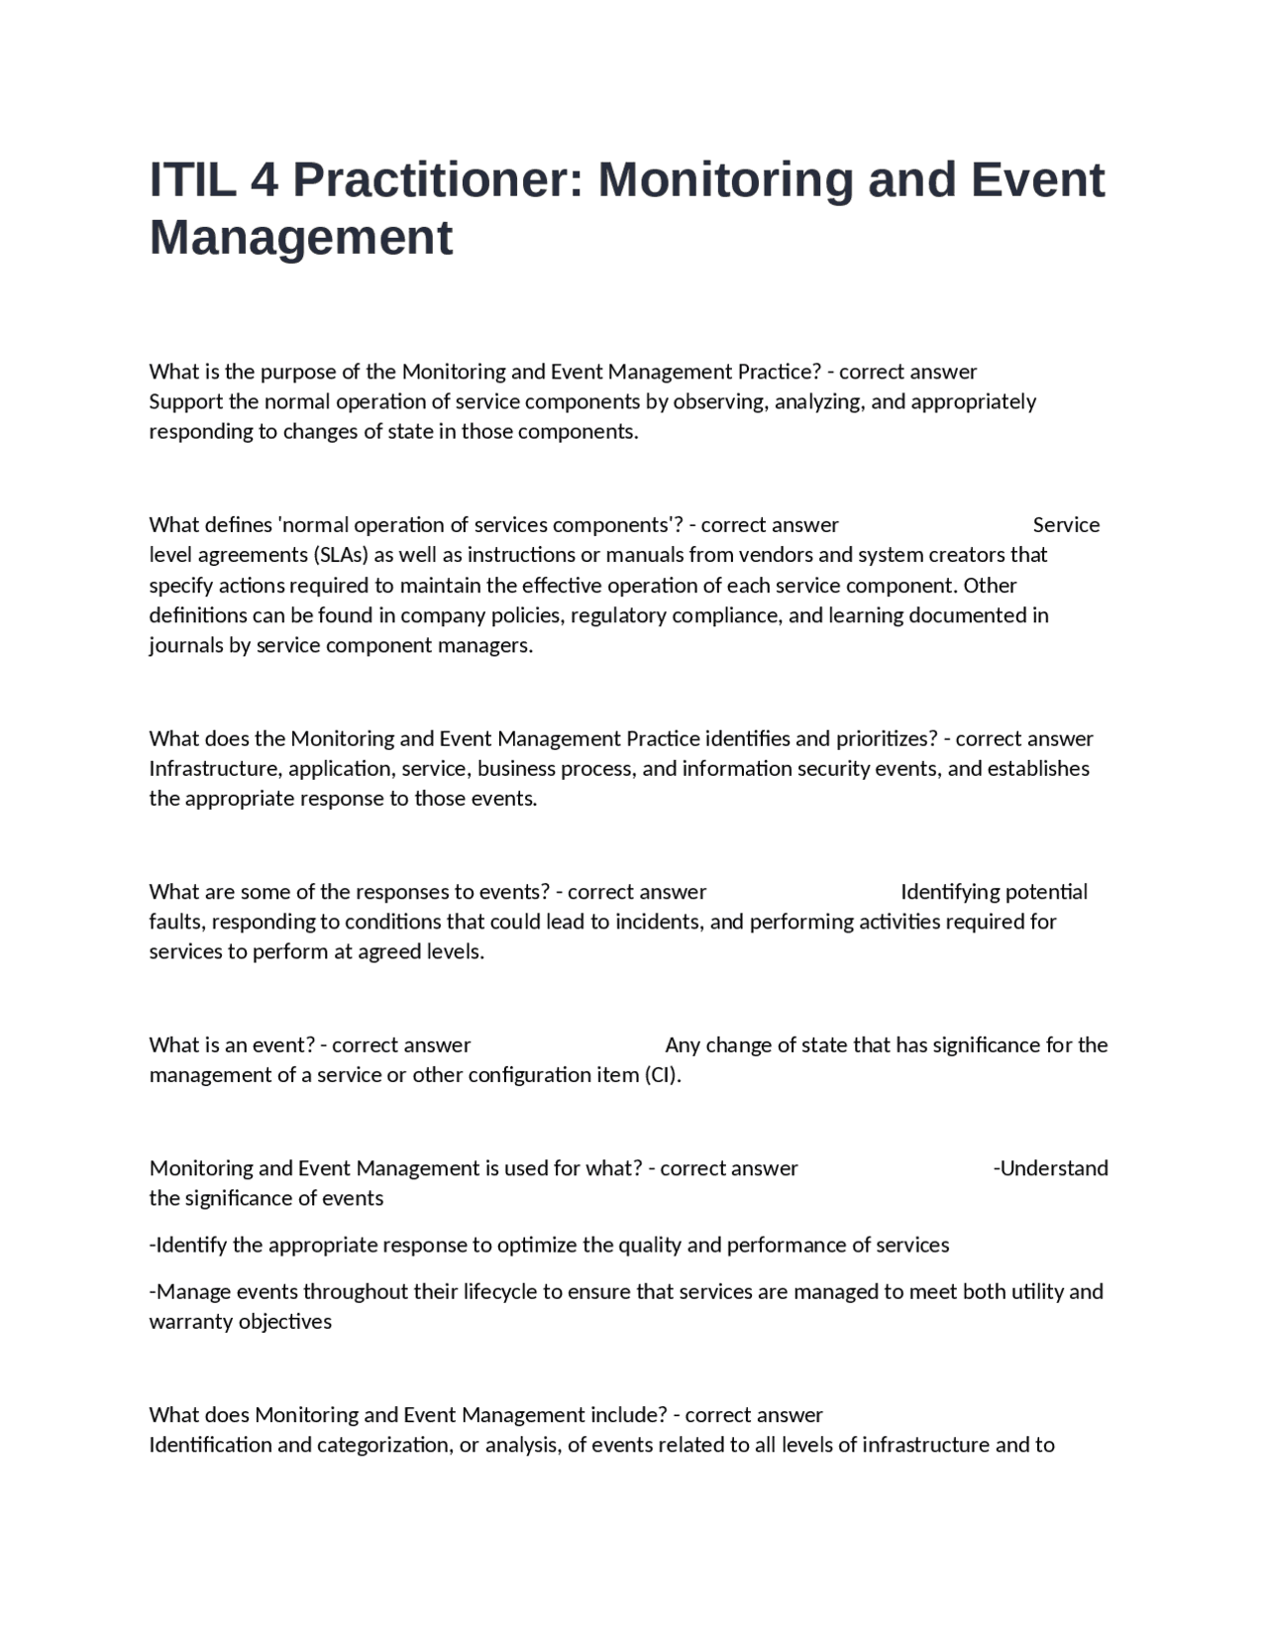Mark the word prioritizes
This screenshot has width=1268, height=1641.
tap(887, 738)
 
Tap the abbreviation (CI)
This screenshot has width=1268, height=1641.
tap(663, 1075)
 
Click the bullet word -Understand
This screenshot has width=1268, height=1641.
tap(1050, 1168)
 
